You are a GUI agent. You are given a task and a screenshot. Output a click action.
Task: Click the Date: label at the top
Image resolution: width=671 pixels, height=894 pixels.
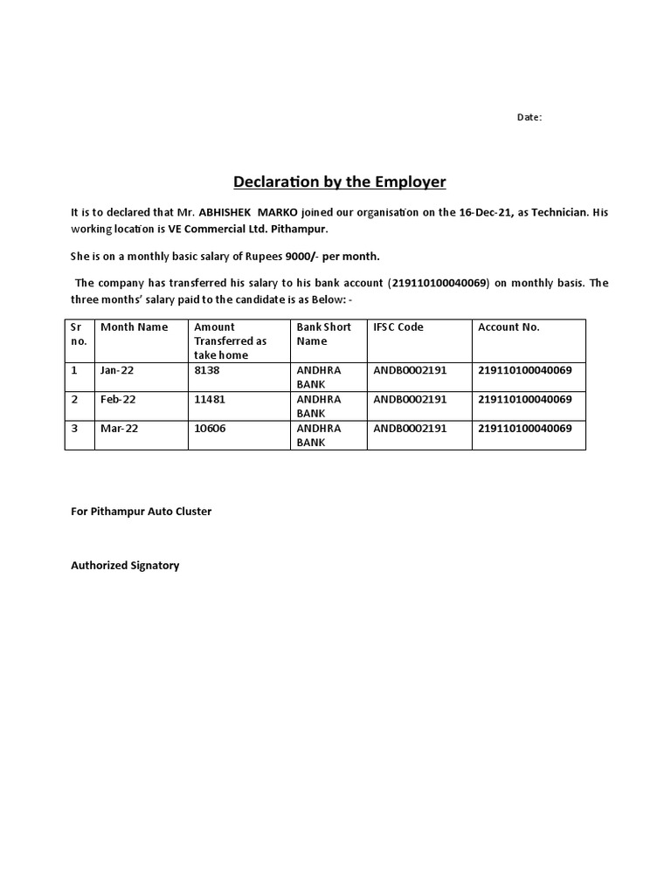[x=529, y=117]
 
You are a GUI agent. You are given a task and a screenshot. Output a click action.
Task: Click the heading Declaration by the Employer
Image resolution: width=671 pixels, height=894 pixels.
[x=339, y=182]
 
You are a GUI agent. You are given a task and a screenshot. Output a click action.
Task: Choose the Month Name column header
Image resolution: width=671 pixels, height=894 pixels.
[x=134, y=327]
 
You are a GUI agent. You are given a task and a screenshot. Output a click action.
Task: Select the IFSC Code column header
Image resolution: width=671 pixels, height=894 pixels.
[x=398, y=327]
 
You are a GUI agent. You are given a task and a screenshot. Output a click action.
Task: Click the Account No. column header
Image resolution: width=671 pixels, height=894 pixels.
[x=508, y=327]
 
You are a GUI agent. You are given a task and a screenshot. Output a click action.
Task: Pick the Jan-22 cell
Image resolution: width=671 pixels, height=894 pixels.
[x=117, y=370]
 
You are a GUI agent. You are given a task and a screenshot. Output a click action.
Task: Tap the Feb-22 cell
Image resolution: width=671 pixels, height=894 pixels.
[x=118, y=399]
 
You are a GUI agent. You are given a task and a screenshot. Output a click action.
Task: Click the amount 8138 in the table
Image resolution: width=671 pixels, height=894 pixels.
[x=208, y=370]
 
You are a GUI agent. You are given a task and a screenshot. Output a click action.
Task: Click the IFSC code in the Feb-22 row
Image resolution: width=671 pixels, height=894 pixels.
[x=410, y=399]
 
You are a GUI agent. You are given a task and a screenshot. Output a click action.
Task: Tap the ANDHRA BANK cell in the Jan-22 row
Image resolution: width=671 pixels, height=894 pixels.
[x=319, y=377]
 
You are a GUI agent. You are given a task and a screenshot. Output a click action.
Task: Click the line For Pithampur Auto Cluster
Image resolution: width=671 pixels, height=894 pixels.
[x=141, y=512]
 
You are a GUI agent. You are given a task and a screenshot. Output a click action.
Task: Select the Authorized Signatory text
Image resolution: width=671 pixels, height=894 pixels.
[x=125, y=566]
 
